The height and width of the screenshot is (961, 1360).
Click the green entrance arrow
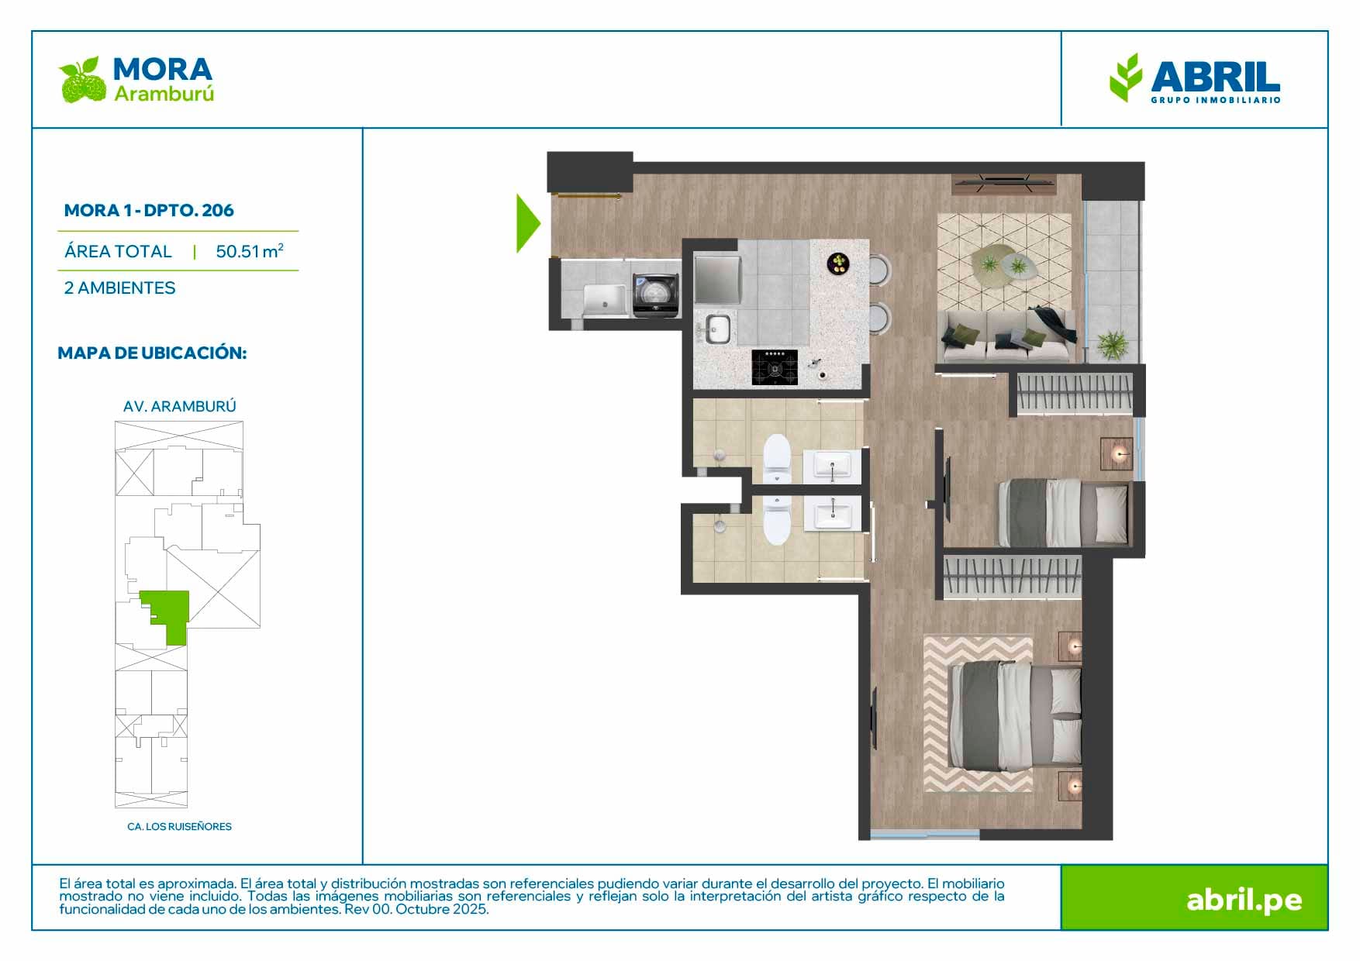tap(526, 223)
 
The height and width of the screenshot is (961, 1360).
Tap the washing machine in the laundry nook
tap(657, 295)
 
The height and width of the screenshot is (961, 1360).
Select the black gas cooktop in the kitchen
tap(775, 367)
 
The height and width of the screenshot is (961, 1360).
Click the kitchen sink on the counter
tap(717, 329)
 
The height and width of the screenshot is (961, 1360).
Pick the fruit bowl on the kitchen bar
tap(838, 263)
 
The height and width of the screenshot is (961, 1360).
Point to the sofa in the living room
tap(1007, 336)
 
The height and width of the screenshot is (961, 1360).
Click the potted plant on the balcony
tap(1113, 343)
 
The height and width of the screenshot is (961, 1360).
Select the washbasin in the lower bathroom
tap(832, 513)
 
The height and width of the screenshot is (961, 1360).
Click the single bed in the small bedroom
tap(1064, 511)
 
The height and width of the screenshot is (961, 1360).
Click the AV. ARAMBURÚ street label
tap(180, 406)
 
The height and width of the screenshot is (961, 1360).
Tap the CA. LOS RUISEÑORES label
tap(179, 826)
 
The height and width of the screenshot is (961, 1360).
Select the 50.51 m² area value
tap(250, 251)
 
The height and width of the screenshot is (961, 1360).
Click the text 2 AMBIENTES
tap(120, 288)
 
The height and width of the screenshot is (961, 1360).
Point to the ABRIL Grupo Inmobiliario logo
tap(1195, 78)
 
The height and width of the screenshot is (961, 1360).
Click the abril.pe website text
tap(1244, 900)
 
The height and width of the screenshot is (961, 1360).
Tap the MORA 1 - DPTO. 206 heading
tap(149, 210)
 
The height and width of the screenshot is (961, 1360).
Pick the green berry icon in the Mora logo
tap(82, 80)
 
